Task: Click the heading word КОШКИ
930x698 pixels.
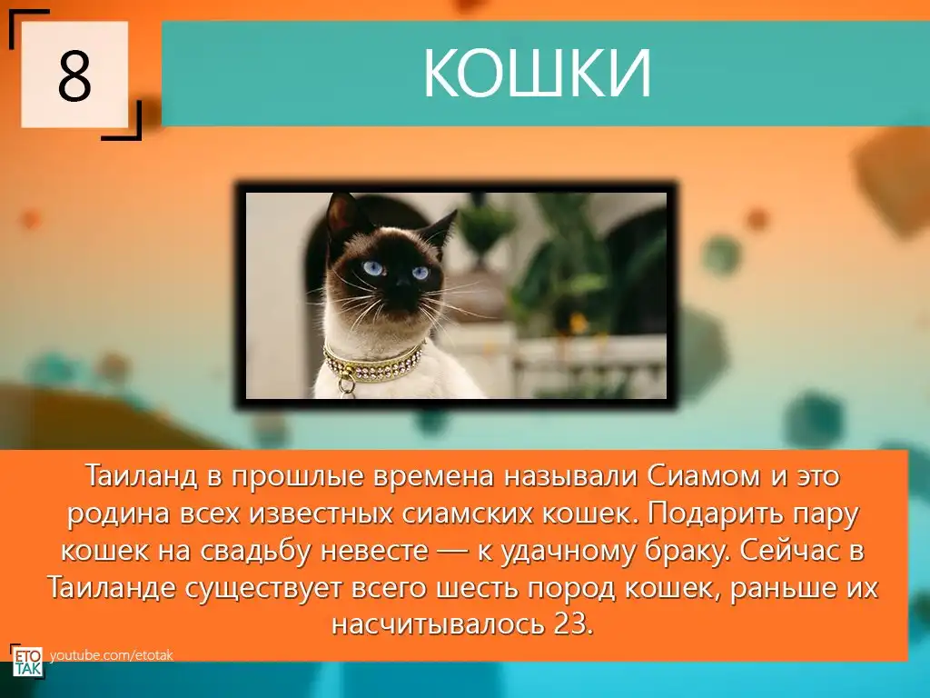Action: pyautogui.click(x=537, y=73)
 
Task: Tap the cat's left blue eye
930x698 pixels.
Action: pyautogui.click(x=373, y=268)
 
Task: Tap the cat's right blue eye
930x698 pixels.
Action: pyautogui.click(x=420, y=273)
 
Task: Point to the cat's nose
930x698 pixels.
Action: pyautogui.click(x=404, y=283)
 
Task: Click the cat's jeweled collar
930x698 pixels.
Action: pyautogui.click(x=373, y=362)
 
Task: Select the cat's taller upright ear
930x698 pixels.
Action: pyautogui.click(x=341, y=214)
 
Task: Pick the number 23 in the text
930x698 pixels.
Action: pyautogui.click(x=573, y=623)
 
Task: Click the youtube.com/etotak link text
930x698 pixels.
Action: pyautogui.click(x=112, y=655)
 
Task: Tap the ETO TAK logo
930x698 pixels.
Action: pyautogui.click(x=27, y=661)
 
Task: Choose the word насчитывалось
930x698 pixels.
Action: pyautogui.click(x=439, y=624)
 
